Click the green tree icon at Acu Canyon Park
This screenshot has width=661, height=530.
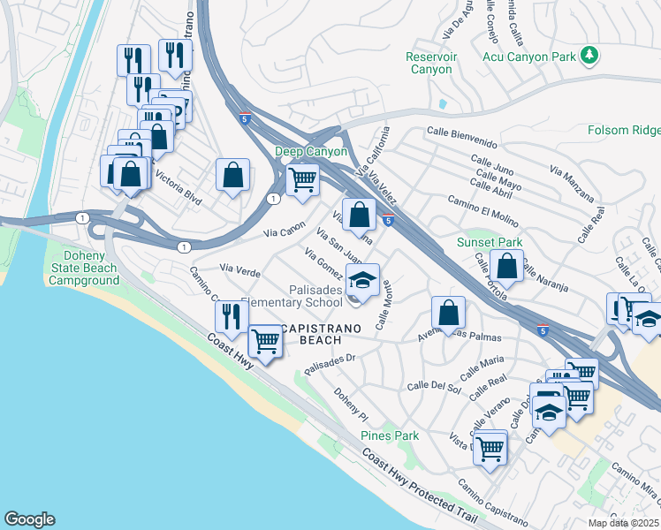[x=589, y=57]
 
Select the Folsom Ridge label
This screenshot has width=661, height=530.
[x=624, y=131]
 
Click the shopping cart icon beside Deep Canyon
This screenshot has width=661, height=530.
[x=302, y=179]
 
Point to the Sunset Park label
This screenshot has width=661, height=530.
[x=489, y=242]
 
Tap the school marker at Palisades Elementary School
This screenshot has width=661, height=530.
[x=361, y=280]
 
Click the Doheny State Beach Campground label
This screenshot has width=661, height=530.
[x=84, y=268]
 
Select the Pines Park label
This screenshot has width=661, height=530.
[x=390, y=435]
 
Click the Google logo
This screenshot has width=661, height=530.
[x=29, y=519]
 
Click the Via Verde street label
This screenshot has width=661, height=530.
[x=239, y=268]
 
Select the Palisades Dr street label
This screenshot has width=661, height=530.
[x=329, y=363]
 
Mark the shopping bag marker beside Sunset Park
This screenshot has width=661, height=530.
[x=507, y=264]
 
